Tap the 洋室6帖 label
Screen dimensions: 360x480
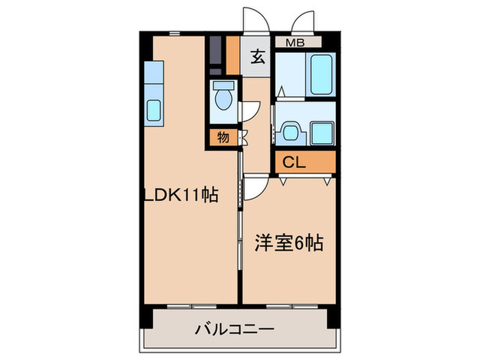point(290,243)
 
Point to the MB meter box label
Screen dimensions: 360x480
point(296,43)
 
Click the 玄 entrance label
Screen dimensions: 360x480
point(256,58)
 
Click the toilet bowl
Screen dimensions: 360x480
point(222,99)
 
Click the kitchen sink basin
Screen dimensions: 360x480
point(154,110)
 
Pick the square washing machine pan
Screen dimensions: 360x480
point(320,132)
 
